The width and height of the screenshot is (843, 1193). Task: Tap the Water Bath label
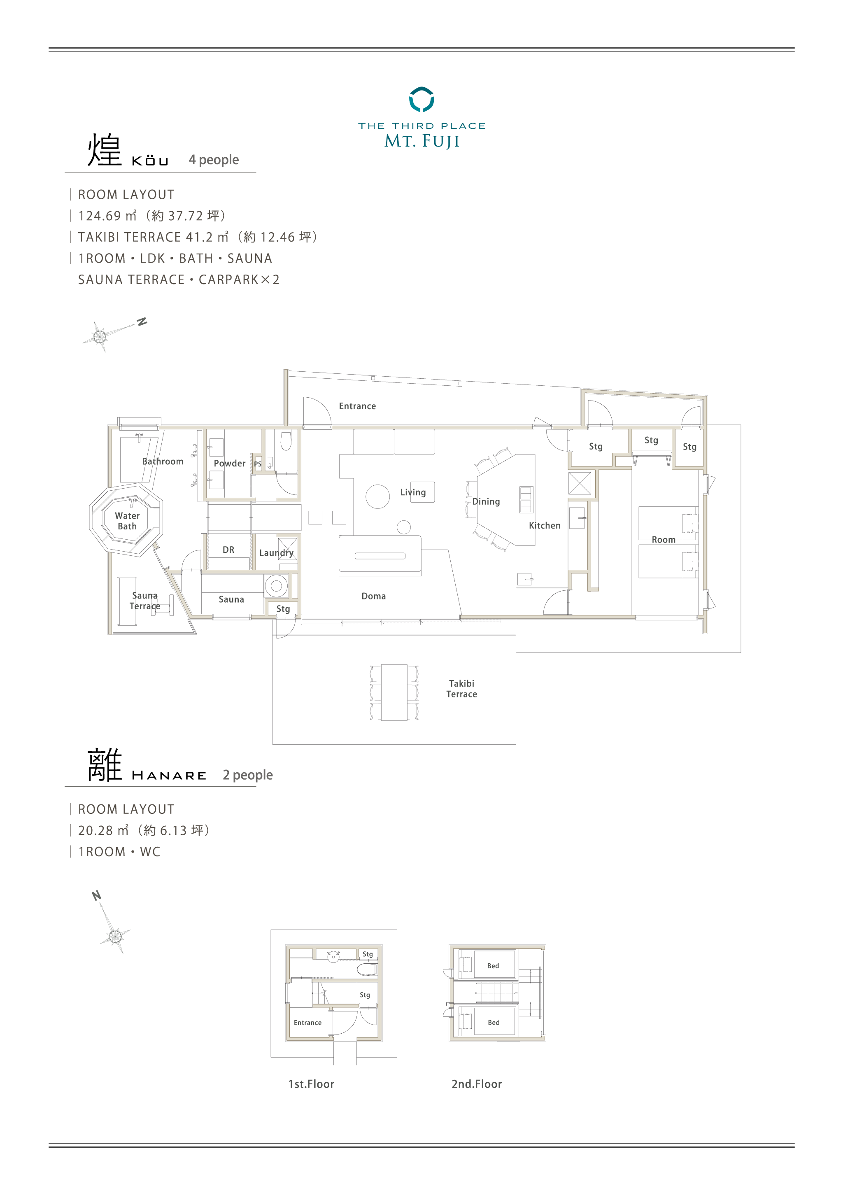[127, 521]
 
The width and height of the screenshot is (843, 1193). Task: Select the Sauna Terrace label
[145, 601]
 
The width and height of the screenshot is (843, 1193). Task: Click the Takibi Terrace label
[461, 688]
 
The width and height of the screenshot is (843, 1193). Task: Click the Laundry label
[276, 553]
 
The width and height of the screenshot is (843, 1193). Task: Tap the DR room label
[228, 550]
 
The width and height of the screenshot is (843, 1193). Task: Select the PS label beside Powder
[258, 464]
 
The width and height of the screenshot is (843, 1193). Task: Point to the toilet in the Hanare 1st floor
[367, 969]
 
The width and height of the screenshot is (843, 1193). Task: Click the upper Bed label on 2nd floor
[493, 966]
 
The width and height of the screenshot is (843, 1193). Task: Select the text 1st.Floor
[311, 1084]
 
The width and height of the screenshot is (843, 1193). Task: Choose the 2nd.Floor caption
[476, 1084]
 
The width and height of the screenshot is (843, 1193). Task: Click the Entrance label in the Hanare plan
[307, 1023]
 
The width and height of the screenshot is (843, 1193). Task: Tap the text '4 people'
[214, 159]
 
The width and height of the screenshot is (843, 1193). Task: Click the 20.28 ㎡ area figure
[103, 830]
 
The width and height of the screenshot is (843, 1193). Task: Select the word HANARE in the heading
[169, 776]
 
